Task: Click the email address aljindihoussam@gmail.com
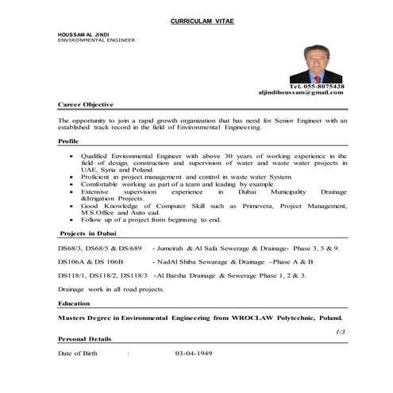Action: coord(301,92)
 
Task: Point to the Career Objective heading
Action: coord(86,104)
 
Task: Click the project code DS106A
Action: coord(72,260)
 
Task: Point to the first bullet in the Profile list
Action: coord(73,156)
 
